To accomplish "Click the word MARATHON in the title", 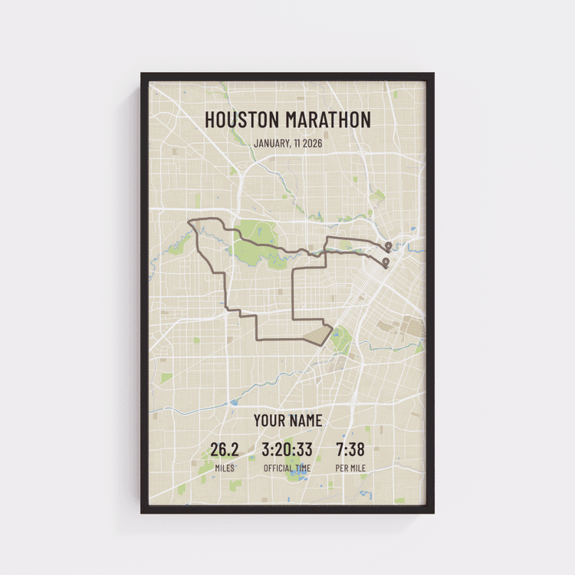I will click(x=328, y=120).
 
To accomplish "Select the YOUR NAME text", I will click(x=287, y=421).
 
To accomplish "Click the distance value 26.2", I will click(x=225, y=449).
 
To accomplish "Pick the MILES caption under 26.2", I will click(x=225, y=468).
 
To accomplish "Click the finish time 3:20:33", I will click(x=287, y=449).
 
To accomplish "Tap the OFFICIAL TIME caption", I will click(x=287, y=468).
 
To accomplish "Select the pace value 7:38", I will click(x=350, y=449).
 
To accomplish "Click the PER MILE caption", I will click(x=350, y=468).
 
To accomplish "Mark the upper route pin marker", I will click(x=389, y=246).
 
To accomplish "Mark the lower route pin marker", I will click(x=385, y=262).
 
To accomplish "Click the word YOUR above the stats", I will click(x=269, y=421).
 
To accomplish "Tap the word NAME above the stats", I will click(x=306, y=421).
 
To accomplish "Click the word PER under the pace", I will click(x=342, y=468).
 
